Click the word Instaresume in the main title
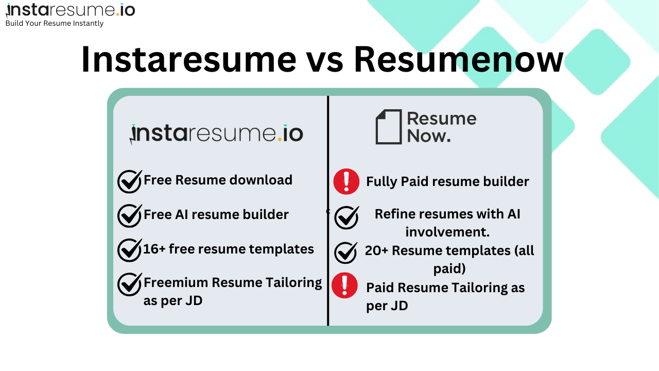[188, 60]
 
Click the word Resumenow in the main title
[458, 60]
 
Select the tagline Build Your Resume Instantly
[55, 23]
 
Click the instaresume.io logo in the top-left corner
[70, 10]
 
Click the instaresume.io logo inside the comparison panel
[216, 134]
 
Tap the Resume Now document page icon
[388, 127]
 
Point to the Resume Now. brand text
[441, 127]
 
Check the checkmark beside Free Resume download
[129, 181]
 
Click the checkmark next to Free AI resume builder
[129, 215]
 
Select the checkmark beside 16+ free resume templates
[129, 250]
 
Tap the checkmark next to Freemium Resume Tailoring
[129, 284]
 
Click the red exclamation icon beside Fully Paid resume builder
[346, 181]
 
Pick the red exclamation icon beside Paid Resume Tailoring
[344, 285]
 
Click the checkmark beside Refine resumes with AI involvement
[346, 217]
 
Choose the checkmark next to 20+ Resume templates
[346, 252]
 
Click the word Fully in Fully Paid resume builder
[381, 181]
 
